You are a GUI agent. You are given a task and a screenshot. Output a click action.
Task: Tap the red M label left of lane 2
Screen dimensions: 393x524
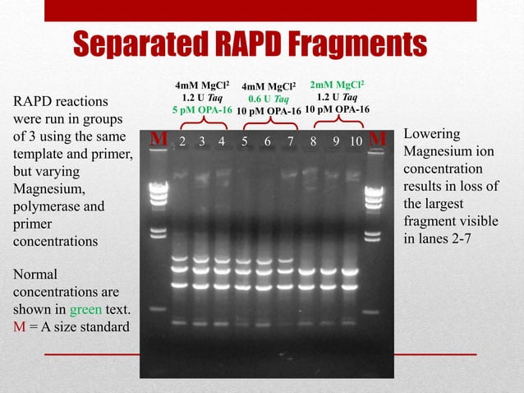[x=160, y=141]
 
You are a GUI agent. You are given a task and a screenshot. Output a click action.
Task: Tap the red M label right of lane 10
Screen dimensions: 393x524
[x=377, y=141]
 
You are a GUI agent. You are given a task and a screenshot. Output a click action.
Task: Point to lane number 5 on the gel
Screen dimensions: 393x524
[x=245, y=141]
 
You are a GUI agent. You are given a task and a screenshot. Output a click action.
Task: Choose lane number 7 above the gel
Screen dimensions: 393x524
[x=291, y=141]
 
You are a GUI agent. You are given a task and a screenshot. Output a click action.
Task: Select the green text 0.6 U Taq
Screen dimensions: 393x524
[x=268, y=98]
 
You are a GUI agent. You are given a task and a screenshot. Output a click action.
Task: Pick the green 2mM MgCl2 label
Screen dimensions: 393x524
[x=337, y=85]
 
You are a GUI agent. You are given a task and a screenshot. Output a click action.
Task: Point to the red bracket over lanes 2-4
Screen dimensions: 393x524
[x=202, y=123]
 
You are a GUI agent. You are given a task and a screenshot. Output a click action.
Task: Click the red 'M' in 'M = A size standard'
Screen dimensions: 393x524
[x=17, y=327]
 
